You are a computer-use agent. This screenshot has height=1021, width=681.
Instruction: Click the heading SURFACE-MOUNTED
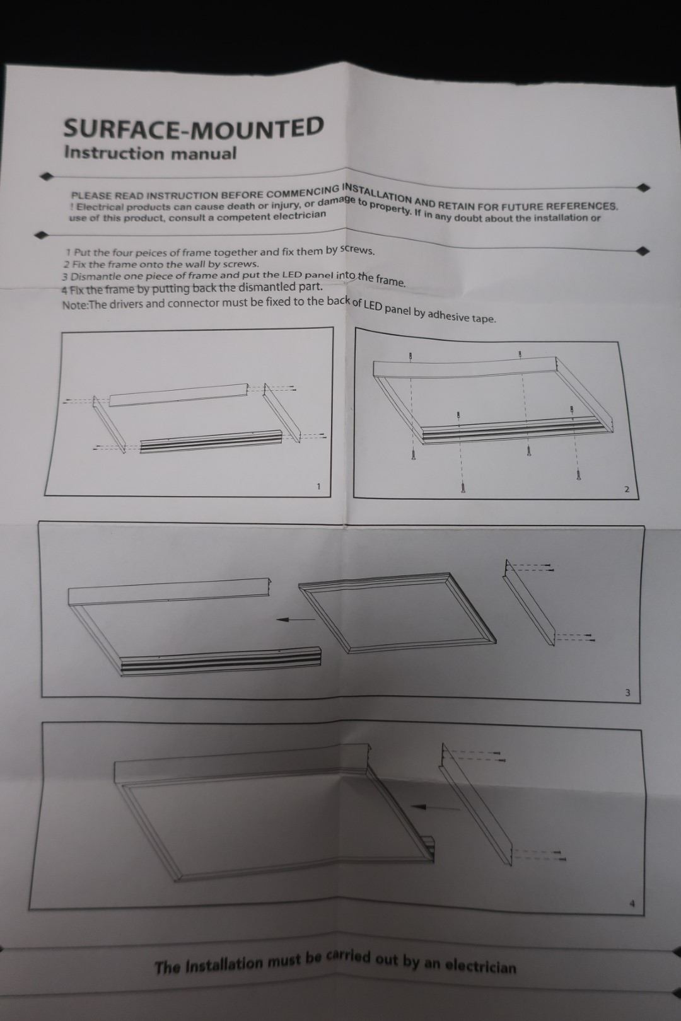[x=194, y=127]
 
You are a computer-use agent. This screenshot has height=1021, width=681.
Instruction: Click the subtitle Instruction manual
[x=150, y=153]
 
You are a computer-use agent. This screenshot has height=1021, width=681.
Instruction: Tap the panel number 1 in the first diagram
[x=318, y=487]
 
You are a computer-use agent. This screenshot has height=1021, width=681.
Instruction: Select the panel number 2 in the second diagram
[x=626, y=490]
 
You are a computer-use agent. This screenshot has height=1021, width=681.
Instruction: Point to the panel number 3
[x=627, y=693]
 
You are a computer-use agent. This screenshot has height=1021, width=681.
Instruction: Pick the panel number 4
[x=632, y=904]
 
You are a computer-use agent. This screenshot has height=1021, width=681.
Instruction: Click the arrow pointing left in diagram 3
[x=296, y=619]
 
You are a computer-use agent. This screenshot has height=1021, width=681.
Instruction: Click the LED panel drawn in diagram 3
[x=397, y=613]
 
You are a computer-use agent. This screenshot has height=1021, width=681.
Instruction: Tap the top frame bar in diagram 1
[x=178, y=395]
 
